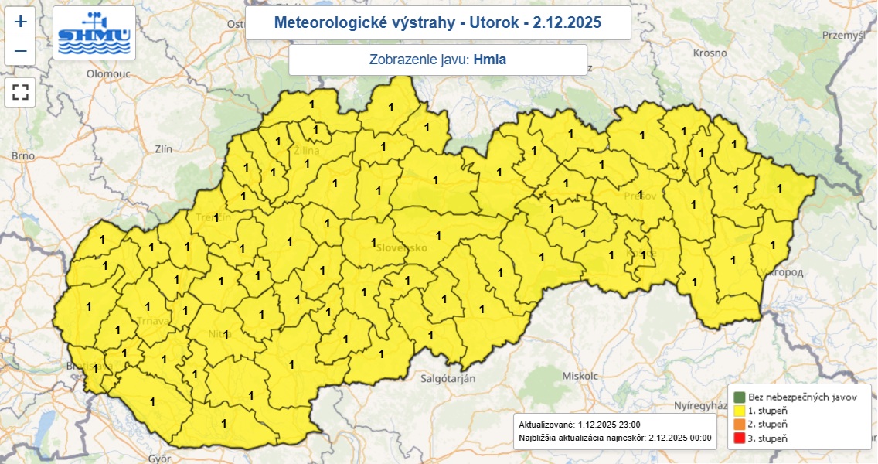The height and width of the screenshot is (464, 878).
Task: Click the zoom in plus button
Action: (x=21, y=22)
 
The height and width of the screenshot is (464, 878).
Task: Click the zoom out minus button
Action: (x=21, y=51)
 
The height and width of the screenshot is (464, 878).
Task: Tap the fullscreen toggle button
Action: (x=21, y=93)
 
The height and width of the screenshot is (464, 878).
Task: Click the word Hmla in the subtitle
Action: (x=489, y=59)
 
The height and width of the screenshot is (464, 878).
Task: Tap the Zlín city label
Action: (x=163, y=148)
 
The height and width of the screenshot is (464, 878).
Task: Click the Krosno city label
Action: (x=710, y=53)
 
